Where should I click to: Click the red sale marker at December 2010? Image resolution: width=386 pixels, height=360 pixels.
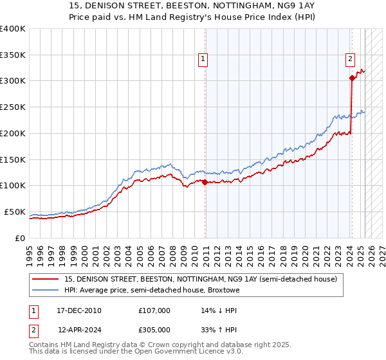205,182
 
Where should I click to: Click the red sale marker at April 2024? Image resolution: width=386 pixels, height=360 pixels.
352,78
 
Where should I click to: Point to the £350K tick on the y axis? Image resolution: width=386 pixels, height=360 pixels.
13,55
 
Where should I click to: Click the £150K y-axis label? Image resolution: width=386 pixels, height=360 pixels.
13,159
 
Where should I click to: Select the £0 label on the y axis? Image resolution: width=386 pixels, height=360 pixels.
21,238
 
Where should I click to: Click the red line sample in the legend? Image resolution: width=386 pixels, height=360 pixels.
46,279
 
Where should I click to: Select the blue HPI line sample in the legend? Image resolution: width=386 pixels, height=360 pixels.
46,290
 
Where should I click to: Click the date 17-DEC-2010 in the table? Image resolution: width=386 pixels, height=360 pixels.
79,310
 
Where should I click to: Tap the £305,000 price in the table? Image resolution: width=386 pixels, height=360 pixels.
154,330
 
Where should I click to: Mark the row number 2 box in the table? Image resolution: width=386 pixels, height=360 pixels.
33,330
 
